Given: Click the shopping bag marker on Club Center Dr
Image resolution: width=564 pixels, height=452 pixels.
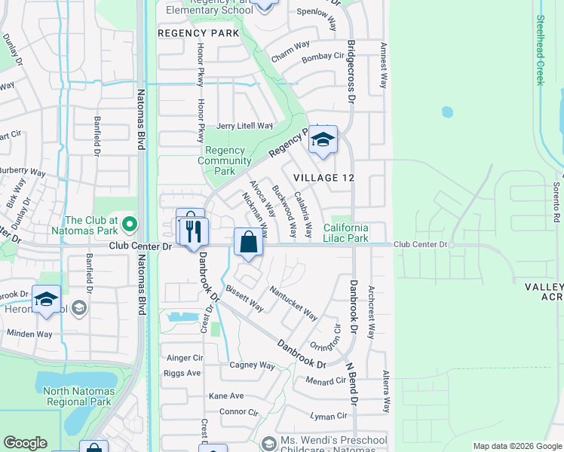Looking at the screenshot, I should click(248, 243).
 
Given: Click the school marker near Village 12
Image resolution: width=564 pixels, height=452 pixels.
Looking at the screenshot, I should click(323, 140).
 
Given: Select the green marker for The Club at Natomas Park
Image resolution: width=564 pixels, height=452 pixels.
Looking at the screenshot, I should click(130, 224).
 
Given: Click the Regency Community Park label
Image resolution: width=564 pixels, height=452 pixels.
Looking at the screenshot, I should click(224, 160).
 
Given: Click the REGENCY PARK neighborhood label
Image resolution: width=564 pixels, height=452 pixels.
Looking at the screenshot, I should click(198, 33).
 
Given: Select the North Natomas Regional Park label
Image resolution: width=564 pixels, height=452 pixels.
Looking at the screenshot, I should click(79, 396).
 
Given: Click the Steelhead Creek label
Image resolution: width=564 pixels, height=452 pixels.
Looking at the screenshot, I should click(540, 50).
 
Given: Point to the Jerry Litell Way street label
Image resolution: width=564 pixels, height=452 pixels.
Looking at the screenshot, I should click(244, 126).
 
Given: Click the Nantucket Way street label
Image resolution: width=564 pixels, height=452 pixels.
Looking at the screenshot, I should click(294, 301).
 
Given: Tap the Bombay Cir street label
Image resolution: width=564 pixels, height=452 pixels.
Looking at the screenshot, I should click(322, 56).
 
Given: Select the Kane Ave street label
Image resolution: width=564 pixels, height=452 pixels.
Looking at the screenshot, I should click(226, 395).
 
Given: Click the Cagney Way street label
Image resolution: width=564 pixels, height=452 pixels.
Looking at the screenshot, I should click(252, 365).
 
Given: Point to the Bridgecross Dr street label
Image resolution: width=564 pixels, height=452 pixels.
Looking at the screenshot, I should click(351, 71).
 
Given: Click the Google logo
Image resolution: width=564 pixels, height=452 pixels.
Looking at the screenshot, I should click(25, 443).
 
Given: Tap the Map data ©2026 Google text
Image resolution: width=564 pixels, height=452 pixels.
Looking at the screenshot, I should click(516, 446).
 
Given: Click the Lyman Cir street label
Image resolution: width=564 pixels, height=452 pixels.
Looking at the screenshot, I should click(328, 415).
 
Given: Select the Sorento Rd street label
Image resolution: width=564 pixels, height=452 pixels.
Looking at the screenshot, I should click(556, 196).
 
